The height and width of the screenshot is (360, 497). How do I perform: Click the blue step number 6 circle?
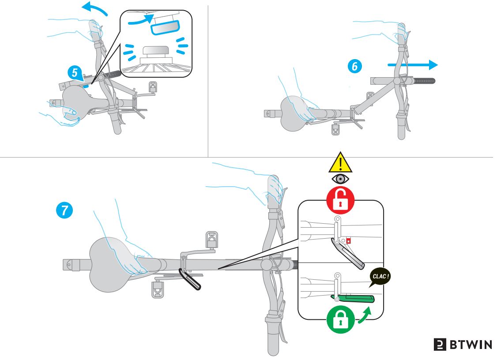[x=354, y=66]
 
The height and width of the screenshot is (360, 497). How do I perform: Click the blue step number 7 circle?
[x=64, y=210]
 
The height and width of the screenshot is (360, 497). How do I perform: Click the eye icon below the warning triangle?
[x=340, y=179]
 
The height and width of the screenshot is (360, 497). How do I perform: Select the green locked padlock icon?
[x=340, y=319]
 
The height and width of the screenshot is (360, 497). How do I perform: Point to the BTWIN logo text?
[x=463, y=344]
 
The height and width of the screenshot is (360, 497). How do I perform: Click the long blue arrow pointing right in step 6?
[x=413, y=65]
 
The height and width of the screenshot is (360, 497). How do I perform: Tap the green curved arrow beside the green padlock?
[x=365, y=316]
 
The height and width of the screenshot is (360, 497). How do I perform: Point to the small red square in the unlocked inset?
[x=348, y=241]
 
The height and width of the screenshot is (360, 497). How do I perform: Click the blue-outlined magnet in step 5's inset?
[x=165, y=27]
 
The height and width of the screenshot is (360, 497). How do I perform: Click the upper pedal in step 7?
[x=211, y=240]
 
